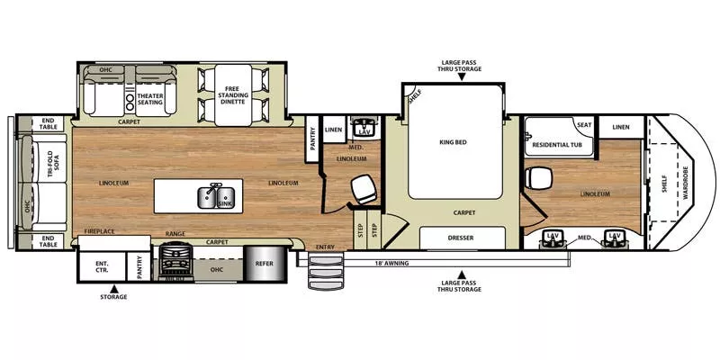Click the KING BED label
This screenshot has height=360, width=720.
pyautogui.click(x=456, y=142)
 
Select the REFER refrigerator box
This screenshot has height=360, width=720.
pyautogui.click(x=264, y=264)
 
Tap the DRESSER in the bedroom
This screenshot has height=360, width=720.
pyautogui.click(x=462, y=238)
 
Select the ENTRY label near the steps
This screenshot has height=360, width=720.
pyautogui.click(x=325, y=247)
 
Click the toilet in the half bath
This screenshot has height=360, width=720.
pyautogui.click(x=364, y=187)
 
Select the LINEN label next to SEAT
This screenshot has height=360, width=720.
pyautogui.click(x=621, y=127)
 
